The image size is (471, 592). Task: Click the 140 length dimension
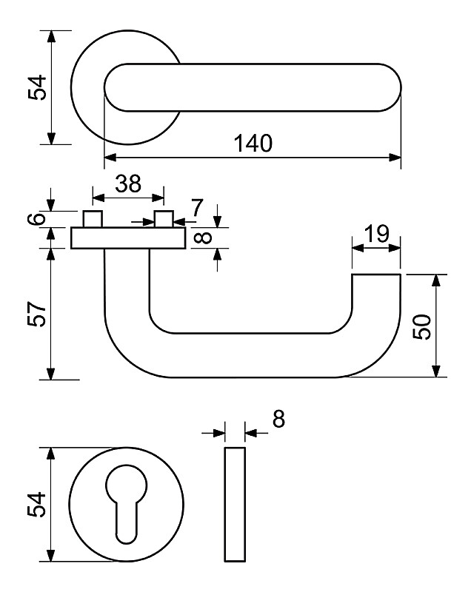[x=253, y=143]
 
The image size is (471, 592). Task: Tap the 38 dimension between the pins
[x=128, y=184]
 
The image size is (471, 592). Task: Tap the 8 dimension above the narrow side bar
[x=278, y=420]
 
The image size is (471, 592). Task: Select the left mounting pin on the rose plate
[x=93, y=219]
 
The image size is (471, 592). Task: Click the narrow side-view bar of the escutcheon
[x=234, y=505]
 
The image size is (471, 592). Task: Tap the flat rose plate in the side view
[x=128, y=238]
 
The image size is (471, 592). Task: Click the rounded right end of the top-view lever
[x=389, y=88]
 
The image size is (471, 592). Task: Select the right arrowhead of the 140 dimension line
[x=395, y=157]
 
